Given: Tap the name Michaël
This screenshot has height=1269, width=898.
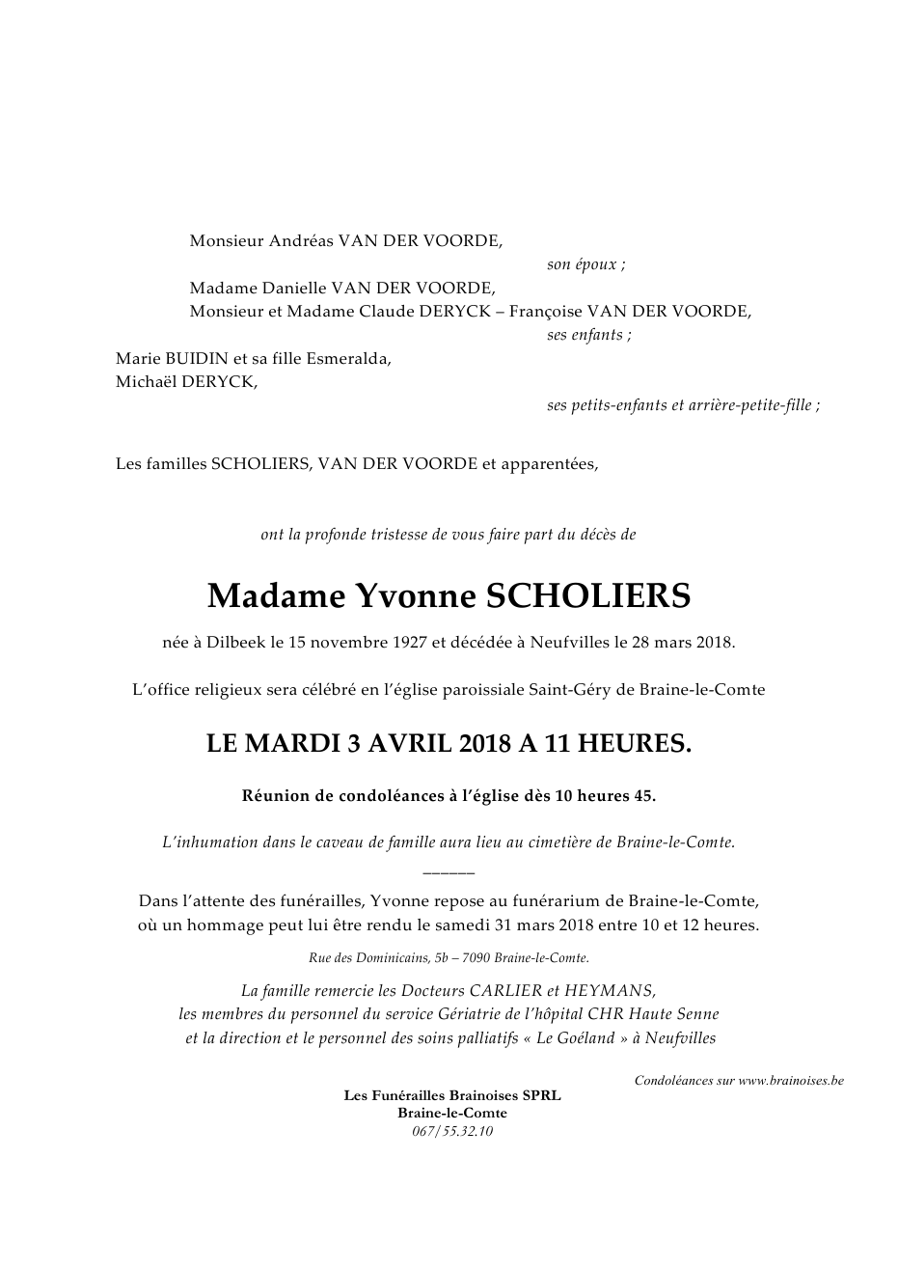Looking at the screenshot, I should coord(148,381).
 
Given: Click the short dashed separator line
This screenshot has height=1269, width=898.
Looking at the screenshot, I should coord(449,872).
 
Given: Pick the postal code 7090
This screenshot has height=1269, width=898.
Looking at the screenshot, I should coord(478,958).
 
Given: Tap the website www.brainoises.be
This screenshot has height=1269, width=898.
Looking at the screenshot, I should coord(791,1081).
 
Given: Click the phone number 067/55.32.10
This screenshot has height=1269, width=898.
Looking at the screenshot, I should coord(451,1131).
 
